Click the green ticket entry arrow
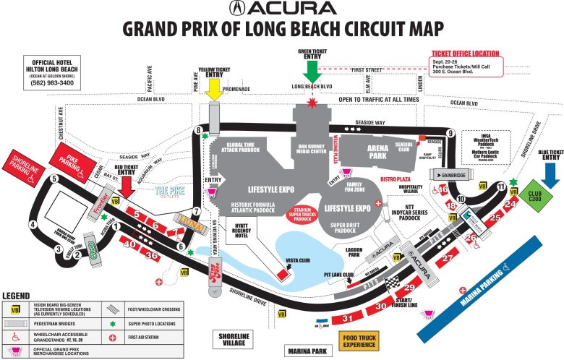[x=312, y=71]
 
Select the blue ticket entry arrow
[x=551, y=174]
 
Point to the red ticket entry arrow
[x=127, y=185]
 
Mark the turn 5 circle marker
[x=54, y=179]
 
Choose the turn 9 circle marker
[x=450, y=133]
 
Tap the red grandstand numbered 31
[x=348, y=318]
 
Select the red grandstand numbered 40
[x=129, y=245]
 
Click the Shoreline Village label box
[x=232, y=340]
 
